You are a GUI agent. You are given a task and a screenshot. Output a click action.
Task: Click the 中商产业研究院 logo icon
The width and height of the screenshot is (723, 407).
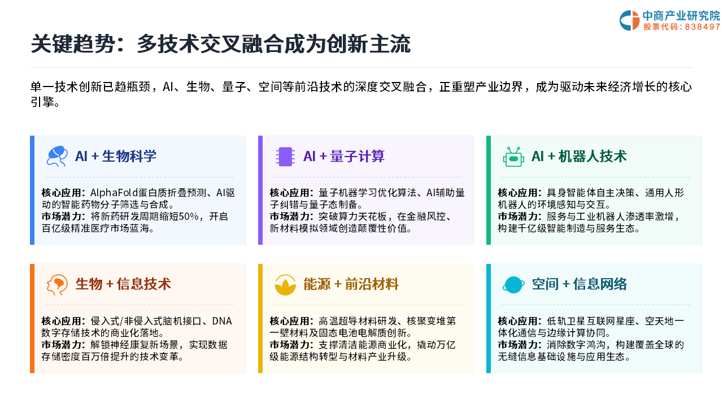point(629,20)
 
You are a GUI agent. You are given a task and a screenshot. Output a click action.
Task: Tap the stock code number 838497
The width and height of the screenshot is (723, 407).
point(702,27)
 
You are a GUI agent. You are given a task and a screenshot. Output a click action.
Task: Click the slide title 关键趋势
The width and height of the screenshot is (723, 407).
point(72,44)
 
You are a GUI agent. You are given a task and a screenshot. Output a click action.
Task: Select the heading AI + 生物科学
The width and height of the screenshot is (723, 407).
point(116,157)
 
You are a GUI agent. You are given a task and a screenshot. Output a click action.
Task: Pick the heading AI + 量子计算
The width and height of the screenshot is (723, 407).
point(344,157)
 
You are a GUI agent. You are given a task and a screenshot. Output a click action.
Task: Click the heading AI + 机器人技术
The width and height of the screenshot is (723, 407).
point(579,157)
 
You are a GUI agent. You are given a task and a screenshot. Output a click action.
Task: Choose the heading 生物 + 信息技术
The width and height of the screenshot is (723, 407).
point(123,284)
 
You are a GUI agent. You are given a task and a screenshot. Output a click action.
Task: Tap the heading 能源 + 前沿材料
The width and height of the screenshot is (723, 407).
point(351,284)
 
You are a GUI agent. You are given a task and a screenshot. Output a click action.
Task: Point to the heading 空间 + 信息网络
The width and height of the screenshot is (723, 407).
point(580,284)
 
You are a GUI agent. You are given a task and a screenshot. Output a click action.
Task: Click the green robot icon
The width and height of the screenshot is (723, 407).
point(513,157)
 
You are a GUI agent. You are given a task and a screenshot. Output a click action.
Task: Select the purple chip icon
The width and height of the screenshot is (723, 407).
point(285,157)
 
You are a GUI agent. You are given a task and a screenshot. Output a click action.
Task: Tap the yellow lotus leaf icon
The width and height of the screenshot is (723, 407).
point(285,285)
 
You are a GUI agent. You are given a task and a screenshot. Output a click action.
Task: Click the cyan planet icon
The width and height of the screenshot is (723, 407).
point(513,285)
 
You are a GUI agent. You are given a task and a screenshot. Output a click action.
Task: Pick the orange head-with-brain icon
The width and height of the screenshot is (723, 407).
point(57,285)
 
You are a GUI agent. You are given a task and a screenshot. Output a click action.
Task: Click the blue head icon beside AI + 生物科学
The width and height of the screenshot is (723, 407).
point(57,157)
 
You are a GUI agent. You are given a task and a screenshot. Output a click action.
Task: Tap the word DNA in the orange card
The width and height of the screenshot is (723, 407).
point(222,321)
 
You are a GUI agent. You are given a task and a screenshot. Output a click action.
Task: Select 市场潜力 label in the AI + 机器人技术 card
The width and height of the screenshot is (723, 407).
point(517,217)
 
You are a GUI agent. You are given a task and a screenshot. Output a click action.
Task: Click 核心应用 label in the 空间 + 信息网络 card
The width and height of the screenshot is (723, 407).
point(517,321)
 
